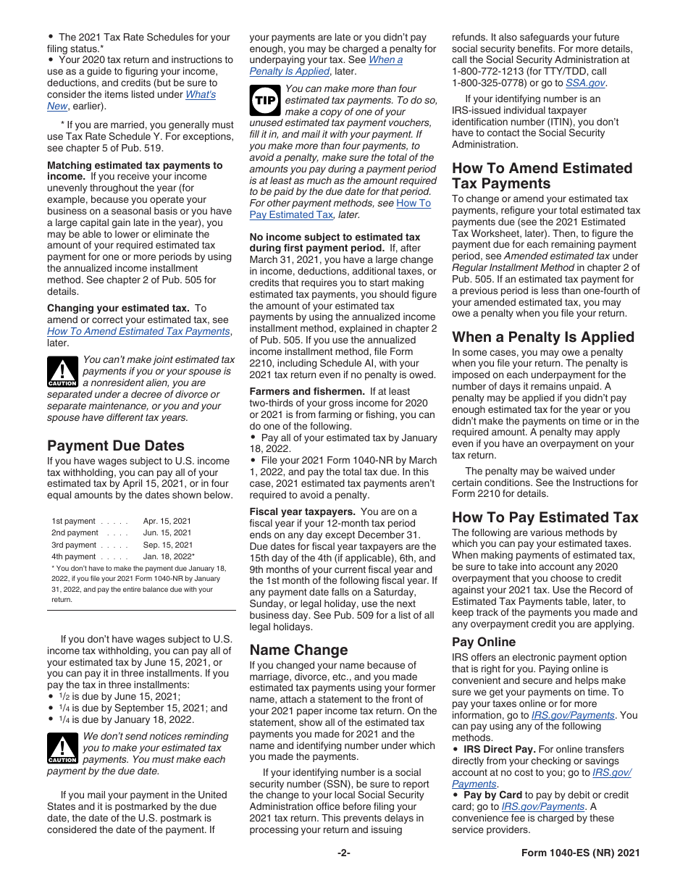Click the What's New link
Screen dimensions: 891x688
[201, 95]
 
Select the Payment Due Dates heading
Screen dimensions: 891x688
[115, 445]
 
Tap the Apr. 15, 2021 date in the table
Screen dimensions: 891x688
[167, 521]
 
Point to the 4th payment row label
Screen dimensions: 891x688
[73, 556]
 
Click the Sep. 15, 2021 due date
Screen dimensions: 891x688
[167, 545]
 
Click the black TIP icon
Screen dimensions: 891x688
[264, 100]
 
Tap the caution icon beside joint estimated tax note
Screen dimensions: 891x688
[62, 372]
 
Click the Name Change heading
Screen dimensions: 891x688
[298, 650]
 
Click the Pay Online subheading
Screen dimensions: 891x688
[483, 642]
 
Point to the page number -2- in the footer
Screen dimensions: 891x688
[343, 853]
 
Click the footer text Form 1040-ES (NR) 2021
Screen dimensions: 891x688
[580, 853]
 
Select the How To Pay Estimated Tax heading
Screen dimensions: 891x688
[545, 517]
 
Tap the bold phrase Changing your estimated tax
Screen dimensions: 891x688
[118, 308]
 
